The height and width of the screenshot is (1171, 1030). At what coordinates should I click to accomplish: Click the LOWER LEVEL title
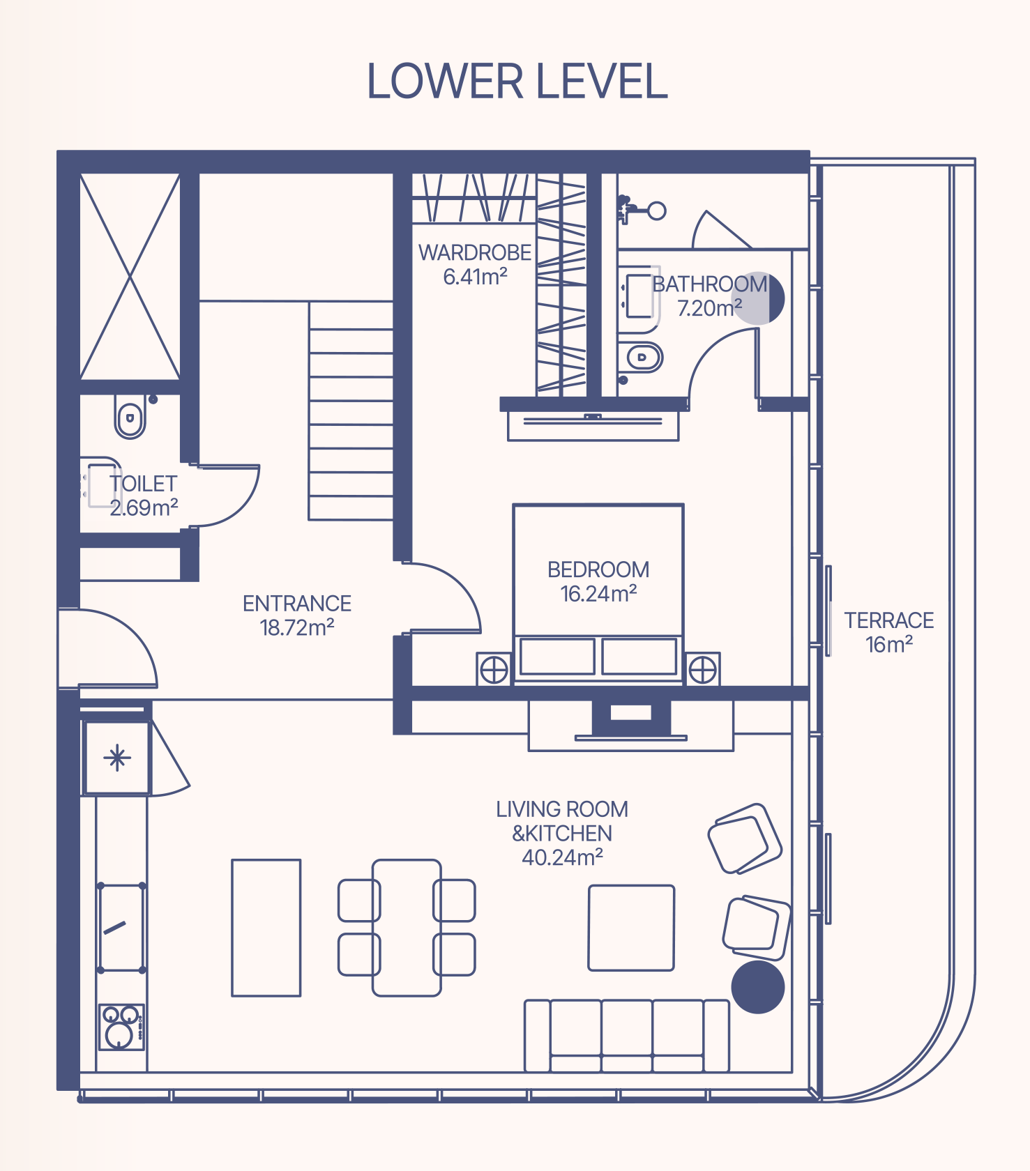517,82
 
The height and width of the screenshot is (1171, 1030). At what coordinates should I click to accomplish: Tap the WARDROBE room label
475,252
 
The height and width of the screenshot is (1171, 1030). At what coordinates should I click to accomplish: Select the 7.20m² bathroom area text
709,307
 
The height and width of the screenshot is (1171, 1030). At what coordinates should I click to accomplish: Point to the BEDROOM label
598,569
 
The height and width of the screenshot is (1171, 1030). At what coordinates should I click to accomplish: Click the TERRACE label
889,620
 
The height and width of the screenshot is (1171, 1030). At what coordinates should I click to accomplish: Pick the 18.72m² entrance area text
297,627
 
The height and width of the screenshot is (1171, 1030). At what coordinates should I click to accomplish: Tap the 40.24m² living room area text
562,857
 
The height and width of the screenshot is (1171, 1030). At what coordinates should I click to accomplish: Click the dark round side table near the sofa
758,987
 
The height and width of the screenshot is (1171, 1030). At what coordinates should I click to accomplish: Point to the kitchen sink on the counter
122,927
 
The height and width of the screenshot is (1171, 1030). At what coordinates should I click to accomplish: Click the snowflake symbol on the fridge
117,758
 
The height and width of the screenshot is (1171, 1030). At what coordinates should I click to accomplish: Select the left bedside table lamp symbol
494,671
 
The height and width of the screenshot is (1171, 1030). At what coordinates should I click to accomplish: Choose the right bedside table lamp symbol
702,671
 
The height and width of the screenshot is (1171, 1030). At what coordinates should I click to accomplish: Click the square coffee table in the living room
631,928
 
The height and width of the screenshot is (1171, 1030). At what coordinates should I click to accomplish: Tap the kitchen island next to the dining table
266,928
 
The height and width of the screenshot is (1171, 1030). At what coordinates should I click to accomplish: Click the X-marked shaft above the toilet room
130,277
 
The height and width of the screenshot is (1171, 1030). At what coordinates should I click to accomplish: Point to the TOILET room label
143,483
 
